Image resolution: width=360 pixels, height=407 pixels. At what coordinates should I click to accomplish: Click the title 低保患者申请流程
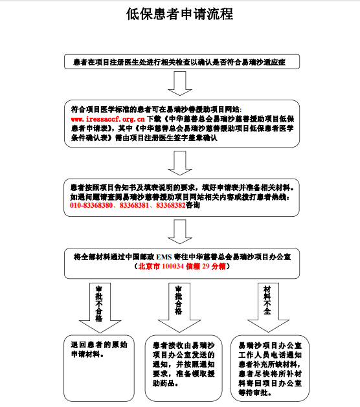[179, 14]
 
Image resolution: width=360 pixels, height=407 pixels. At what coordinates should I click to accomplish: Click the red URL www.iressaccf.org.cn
[107, 119]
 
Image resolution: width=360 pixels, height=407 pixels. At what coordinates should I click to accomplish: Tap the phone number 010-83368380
[91, 205]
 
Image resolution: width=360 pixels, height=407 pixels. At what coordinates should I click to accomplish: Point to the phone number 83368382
[171, 205]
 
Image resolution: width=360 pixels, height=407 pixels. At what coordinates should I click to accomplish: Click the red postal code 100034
[173, 267]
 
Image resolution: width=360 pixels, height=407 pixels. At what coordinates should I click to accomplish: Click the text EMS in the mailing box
[164, 257]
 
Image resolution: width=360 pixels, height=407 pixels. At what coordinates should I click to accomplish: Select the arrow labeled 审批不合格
[100, 308]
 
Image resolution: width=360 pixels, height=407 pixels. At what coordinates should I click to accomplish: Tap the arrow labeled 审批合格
[179, 307]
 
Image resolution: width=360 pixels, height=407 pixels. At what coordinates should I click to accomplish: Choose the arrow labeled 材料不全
[268, 307]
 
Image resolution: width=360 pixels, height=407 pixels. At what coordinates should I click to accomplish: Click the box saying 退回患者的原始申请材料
[99, 368]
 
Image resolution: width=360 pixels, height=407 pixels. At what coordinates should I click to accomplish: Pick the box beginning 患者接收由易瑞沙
[184, 368]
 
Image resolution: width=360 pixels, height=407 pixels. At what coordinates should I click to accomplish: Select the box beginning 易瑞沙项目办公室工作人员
[270, 368]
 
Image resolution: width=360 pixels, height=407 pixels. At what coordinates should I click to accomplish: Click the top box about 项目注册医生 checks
[182, 61]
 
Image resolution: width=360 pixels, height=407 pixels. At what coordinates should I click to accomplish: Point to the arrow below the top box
[180, 83]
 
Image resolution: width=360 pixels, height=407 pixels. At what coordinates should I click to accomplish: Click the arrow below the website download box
[180, 163]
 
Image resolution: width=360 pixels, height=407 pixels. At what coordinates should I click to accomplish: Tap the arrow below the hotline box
[180, 232]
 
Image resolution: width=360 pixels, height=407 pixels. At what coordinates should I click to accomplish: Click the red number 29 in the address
[206, 267]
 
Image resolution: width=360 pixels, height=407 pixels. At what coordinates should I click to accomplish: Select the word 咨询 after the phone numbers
[193, 205]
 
